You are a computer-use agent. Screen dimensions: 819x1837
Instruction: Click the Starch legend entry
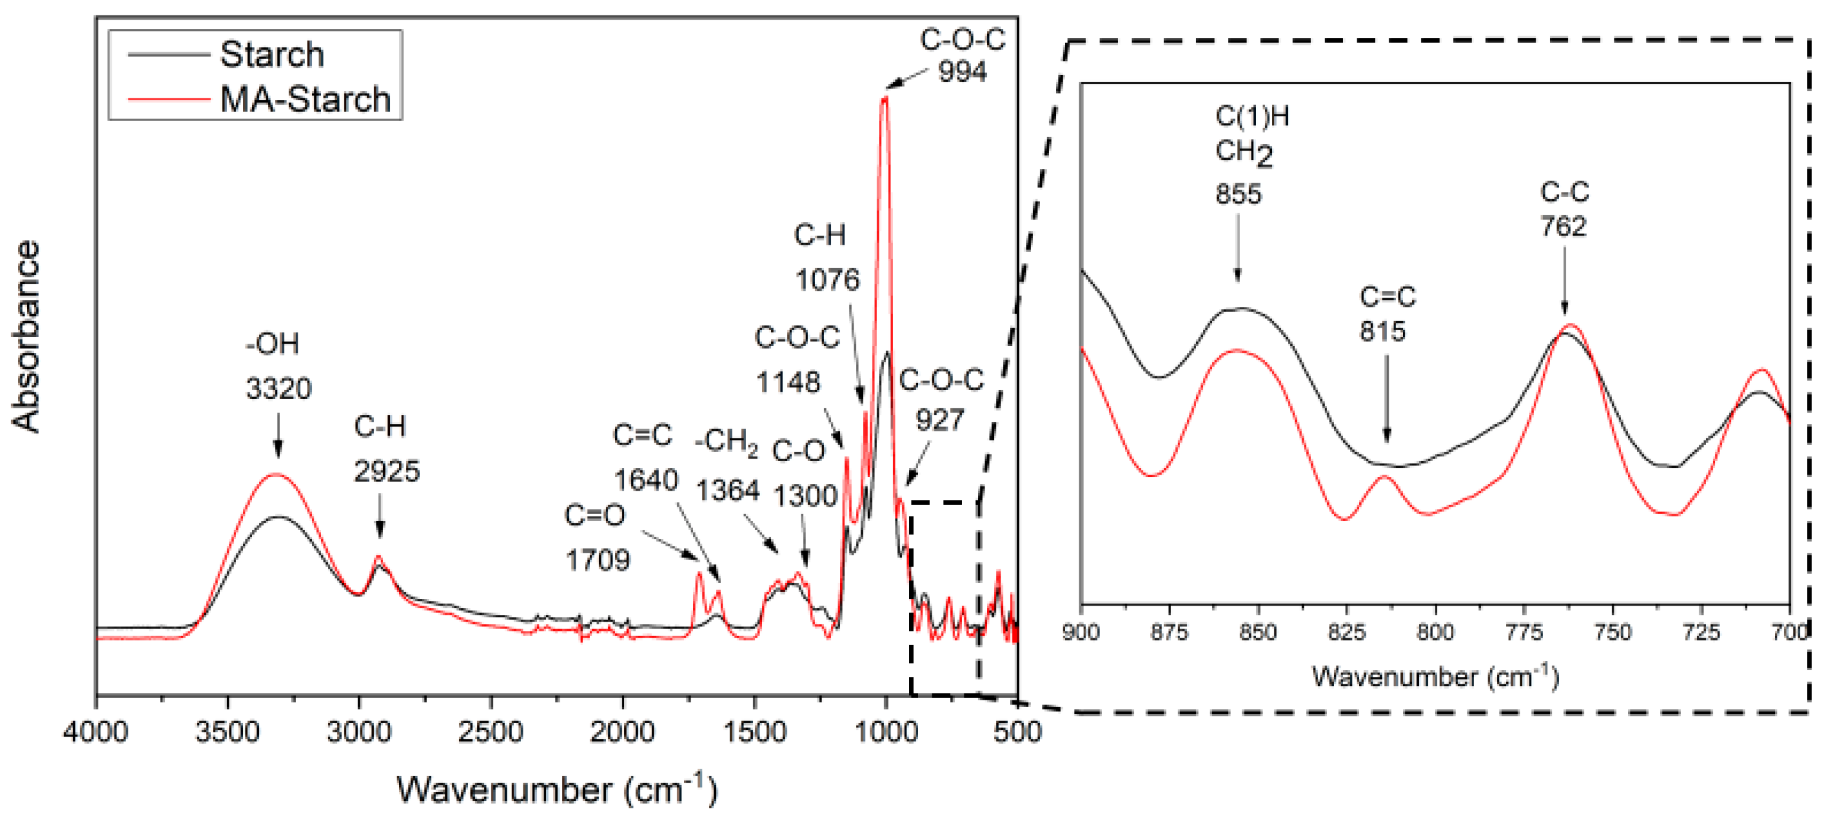(x=271, y=55)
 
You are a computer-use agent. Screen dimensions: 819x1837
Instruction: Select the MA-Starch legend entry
(x=304, y=99)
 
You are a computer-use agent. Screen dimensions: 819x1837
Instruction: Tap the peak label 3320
(x=279, y=389)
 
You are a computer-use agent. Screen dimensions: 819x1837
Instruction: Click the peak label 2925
(x=386, y=471)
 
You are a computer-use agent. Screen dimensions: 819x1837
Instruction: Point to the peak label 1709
(x=598, y=560)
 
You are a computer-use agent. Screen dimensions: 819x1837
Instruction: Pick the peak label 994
(x=962, y=71)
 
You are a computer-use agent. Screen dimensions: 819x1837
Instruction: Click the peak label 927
(x=940, y=420)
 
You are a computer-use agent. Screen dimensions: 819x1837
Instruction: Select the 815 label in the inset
(x=1382, y=331)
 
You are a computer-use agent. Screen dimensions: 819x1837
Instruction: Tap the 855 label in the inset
(x=1238, y=194)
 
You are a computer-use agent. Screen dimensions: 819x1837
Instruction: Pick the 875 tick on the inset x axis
(x=1170, y=632)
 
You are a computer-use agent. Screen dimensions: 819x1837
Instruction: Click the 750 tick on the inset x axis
(x=1613, y=632)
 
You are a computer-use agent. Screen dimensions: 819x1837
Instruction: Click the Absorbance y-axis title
(x=26, y=336)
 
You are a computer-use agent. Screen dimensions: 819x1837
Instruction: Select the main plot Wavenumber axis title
(x=556, y=789)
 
